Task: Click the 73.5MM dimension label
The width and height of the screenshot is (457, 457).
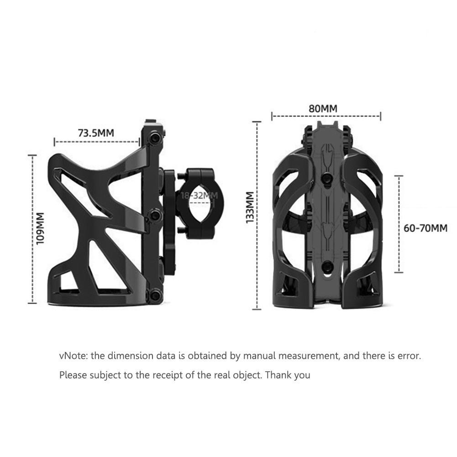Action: coord(96,133)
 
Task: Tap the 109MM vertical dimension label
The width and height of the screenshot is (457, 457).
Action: coord(40,228)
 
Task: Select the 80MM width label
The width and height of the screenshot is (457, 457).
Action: coord(323,109)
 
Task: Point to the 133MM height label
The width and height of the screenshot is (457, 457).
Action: coord(250,208)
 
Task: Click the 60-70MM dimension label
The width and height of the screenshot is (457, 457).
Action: coord(425,228)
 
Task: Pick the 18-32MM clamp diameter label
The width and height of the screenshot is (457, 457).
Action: coord(199,195)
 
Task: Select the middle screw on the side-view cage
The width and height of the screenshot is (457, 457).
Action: coord(156,215)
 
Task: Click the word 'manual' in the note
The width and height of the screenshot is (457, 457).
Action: coord(258,356)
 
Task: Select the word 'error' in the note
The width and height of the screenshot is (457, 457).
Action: coord(409,356)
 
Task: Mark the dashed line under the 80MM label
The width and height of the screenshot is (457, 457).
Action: coord(326,116)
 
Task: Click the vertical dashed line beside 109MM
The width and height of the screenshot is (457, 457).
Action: coord(32,228)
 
